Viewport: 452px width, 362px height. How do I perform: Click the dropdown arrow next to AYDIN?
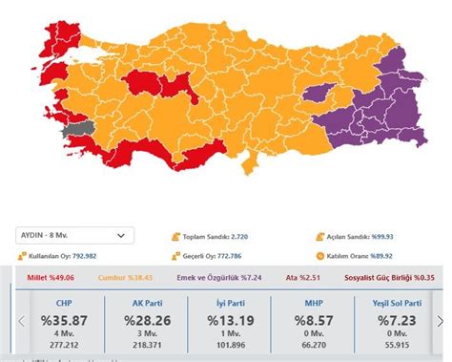pyautogui.click(x=120, y=235)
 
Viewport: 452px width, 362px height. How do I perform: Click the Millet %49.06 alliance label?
pyautogui.click(x=49, y=278)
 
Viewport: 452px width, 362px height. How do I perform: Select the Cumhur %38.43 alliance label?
pyautogui.click(x=129, y=278)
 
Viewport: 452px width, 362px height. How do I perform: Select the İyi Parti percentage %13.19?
pyautogui.click(x=226, y=322)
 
